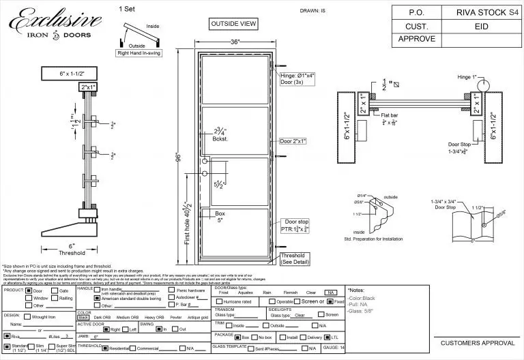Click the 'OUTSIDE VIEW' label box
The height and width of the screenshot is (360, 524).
pyautogui.click(x=234, y=25)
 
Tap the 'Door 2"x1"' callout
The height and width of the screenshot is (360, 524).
pyautogui.click(x=293, y=141)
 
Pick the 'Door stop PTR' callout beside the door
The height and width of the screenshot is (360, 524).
pyautogui.click(x=295, y=226)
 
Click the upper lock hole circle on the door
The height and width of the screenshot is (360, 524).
pyautogui.click(x=205, y=161)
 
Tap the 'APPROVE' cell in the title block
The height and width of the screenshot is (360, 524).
pyautogui.click(x=417, y=39)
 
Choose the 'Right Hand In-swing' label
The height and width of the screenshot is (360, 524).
pyautogui.click(x=139, y=52)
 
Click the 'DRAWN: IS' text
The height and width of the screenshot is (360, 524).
pyautogui.click(x=314, y=12)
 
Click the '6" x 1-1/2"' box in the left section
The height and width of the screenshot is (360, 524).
pyautogui.click(x=70, y=73)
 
